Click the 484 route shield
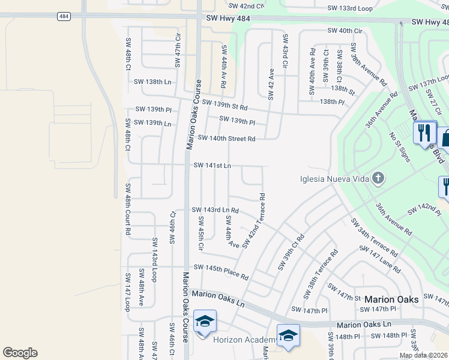(x=63, y=16)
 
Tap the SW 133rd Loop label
(x=351, y=8)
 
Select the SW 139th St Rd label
(x=224, y=105)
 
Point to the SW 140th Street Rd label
(x=226, y=139)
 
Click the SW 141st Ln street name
(x=212, y=165)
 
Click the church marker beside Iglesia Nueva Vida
(x=378, y=178)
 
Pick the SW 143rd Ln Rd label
(x=215, y=210)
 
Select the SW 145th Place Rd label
(x=220, y=271)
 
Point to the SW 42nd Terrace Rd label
(x=254, y=220)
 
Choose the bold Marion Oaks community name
(x=391, y=299)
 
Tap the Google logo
(x=20, y=352)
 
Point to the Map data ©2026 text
(x=423, y=355)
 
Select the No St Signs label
(x=399, y=147)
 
